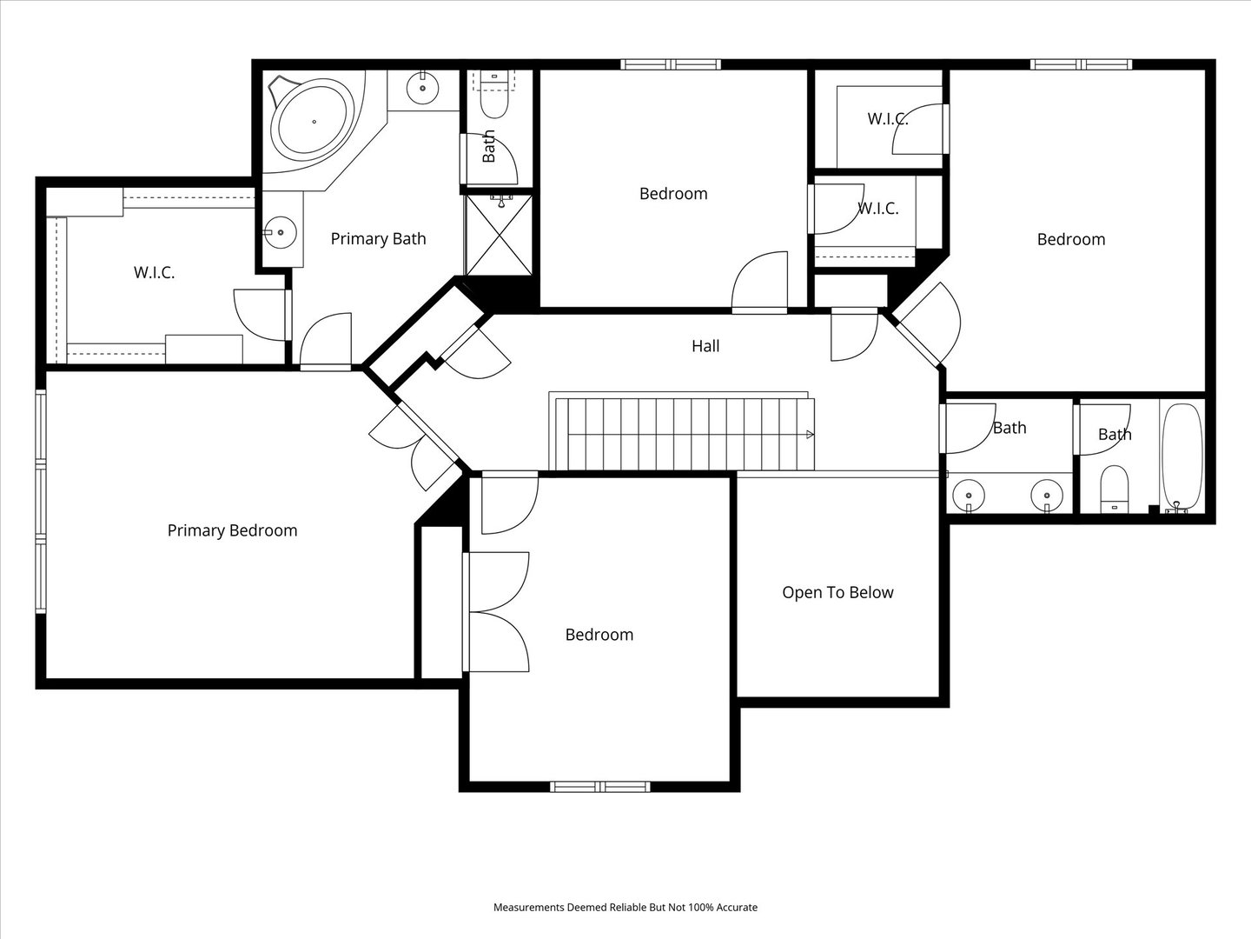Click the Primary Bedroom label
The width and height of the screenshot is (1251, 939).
[x=232, y=530]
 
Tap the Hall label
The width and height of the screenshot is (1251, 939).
[x=705, y=346]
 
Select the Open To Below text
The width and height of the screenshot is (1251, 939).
[x=837, y=593]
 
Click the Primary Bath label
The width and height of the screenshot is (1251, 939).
[x=379, y=239]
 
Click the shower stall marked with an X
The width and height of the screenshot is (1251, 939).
[x=499, y=235]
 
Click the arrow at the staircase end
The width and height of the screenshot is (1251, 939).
[x=810, y=435]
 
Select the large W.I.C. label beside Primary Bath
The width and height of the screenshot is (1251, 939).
[x=155, y=272]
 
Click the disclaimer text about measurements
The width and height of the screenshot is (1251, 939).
[x=625, y=907]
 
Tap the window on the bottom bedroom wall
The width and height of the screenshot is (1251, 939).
[x=600, y=787]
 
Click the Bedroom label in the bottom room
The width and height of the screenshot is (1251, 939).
[x=599, y=635]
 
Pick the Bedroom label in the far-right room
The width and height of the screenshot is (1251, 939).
[x=1071, y=239]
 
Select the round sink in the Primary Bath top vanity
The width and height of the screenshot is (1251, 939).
[x=422, y=89]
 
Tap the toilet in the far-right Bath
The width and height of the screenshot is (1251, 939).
[x=1115, y=489]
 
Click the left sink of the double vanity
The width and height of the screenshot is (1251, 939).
[x=969, y=495]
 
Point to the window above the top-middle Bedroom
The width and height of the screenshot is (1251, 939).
[x=670, y=64]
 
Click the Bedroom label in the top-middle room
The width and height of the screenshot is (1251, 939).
[x=673, y=194]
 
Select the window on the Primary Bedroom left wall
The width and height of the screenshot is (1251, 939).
[x=41, y=502]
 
